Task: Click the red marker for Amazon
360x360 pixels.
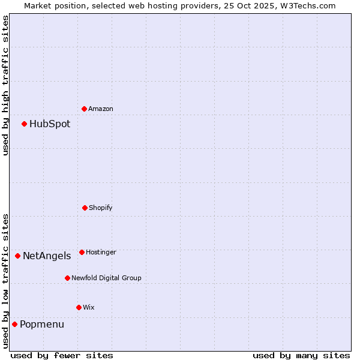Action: pyautogui.click(x=85, y=109)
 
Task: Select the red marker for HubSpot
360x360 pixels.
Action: pyautogui.click(x=25, y=124)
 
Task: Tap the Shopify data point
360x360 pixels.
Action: pyautogui.click(x=85, y=208)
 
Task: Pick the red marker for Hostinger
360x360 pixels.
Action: pyautogui.click(x=82, y=252)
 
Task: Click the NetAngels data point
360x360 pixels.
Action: pyautogui.click(x=18, y=256)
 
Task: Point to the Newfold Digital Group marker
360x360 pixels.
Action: pyautogui.click(x=68, y=278)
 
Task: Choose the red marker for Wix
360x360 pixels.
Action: pyautogui.click(x=79, y=307)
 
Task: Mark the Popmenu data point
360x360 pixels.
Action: pyautogui.click(x=15, y=324)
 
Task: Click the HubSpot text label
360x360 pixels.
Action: pyautogui.click(x=50, y=124)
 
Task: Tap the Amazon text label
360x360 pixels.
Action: pyautogui.click(x=101, y=109)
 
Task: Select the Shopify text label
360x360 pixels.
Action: pyautogui.click(x=101, y=208)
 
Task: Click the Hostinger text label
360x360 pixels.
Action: pyautogui.click(x=101, y=253)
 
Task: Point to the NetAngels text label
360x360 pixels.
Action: pyautogui.click(x=47, y=256)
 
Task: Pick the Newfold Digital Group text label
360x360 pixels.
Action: pyautogui.click(x=106, y=278)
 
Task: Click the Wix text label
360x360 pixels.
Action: pyautogui.click(x=89, y=308)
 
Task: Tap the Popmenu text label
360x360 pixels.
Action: pyautogui.click(x=42, y=325)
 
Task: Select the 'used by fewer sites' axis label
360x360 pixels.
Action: pyautogui.click(x=62, y=355)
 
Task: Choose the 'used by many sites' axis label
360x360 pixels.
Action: pyautogui.click(x=301, y=355)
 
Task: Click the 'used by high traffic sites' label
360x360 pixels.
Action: pyautogui.click(x=5, y=85)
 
